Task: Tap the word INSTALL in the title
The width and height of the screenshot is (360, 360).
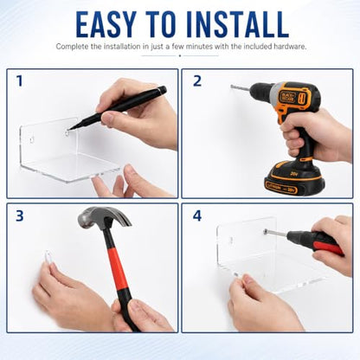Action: [x=238, y=24]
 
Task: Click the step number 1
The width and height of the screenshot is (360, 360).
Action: [x=19, y=81]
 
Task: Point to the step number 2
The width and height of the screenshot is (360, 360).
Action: [x=197, y=81]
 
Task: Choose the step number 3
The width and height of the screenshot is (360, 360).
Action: [x=20, y=215]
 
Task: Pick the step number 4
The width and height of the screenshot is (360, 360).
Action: [x=197, y=215]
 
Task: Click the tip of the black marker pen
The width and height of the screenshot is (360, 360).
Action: [x=69, y=129]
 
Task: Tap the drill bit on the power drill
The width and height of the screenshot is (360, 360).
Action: [x=240, y=87]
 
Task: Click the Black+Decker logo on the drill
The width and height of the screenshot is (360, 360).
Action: [x=287, y=96]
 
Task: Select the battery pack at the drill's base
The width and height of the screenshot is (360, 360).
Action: [x=294, y=178]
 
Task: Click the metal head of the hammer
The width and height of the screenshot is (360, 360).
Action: [x=103, y=217]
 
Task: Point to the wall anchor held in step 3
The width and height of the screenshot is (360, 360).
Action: [x=48, y=257]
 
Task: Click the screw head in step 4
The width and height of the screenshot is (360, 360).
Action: [x=265, y=231]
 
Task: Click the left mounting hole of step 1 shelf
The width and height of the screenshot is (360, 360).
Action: [x=31, y=140]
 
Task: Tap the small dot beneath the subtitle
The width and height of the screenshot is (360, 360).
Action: [x=180, y=55]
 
